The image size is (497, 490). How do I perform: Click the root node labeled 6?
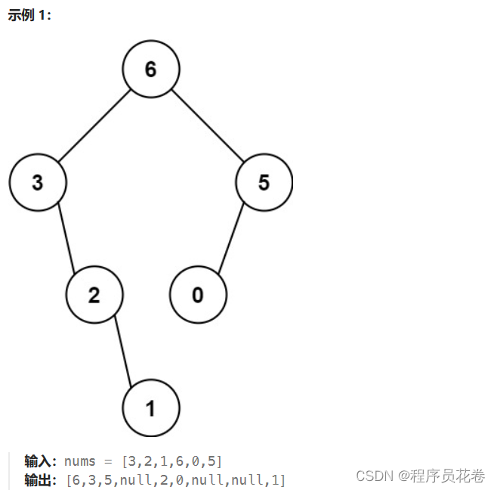pos(151,69)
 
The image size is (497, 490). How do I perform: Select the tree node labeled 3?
pos(38,182)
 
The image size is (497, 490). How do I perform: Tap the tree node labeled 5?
pos(264,182)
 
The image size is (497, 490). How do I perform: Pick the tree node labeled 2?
pos(94,295)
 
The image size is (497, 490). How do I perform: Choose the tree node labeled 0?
pos(198,295)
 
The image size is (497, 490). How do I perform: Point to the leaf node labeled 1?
pos(151,408)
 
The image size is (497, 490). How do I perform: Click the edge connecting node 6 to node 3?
pos(94,126)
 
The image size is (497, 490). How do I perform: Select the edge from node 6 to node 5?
pos(208,126)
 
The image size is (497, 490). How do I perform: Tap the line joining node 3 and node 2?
pos(66,239)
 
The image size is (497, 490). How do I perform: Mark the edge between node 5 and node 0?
pos(231,239)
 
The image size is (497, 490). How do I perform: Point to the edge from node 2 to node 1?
pos(123,352)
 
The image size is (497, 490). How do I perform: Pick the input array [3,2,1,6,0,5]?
pos(172,461)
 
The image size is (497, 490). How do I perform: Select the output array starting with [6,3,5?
pos(175,479)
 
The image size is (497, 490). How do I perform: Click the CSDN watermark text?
pos(374,475)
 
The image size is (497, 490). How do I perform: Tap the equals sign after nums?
pos(108,461)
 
